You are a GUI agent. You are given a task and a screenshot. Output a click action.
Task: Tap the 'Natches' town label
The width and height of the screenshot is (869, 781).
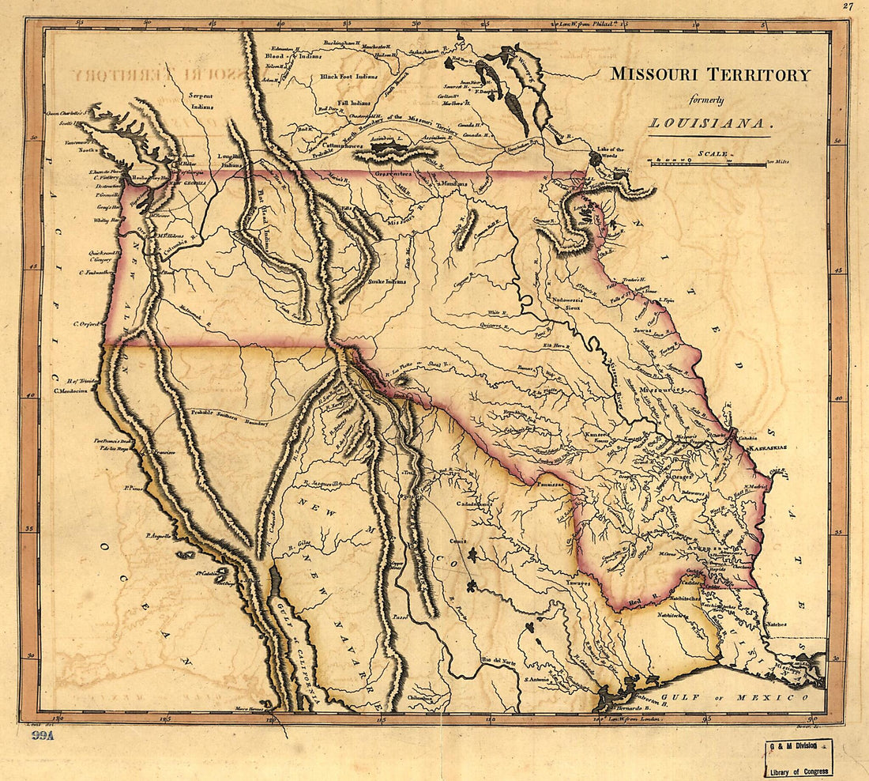775,624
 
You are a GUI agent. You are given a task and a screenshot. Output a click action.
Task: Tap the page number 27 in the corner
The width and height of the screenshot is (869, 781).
848,6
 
